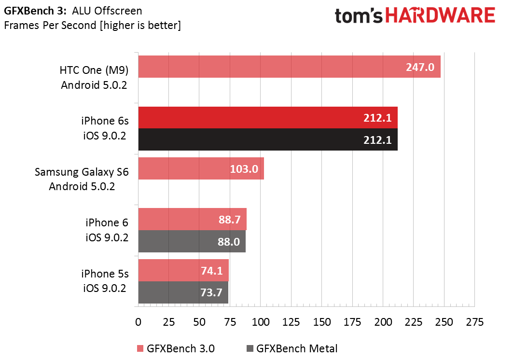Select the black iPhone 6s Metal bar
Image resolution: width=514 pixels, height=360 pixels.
tap(268, 139)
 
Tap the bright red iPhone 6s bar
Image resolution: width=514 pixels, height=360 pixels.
tap(268, 118)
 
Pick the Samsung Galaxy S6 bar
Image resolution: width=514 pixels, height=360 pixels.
tap(201, 168)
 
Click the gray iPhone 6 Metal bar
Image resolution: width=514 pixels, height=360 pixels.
tap(192, 241)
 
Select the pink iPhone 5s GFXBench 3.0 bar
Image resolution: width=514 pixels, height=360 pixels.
tap(183, 270)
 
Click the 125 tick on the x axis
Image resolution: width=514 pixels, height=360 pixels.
tap(291, 322)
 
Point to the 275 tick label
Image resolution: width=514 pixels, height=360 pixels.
tap(474, 322)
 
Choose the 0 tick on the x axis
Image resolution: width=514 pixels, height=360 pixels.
tap(139, 322)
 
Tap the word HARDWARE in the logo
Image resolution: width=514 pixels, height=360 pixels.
tap(440, 16)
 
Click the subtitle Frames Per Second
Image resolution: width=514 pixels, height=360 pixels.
tap(51, 25)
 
